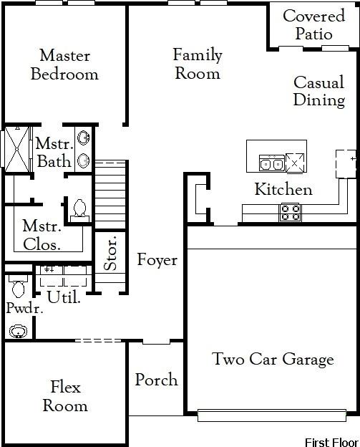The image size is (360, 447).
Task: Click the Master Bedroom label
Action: [x=64, y=64]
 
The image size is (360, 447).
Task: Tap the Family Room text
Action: [x=198, y=64]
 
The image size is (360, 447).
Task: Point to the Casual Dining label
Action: [x=319, y=91]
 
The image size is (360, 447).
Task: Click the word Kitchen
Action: [x=283, y=190]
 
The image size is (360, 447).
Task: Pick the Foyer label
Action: [x=157, y=260]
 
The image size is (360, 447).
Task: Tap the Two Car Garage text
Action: [x=273, y=359]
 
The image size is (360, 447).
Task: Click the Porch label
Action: [x=156, y=380]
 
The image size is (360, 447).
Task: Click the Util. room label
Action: [x=63, y=296]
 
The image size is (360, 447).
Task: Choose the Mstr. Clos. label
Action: [x=41, y=234]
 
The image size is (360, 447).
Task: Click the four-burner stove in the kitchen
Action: [x=290, y=212]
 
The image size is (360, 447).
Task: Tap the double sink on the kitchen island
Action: [x=271, y=164]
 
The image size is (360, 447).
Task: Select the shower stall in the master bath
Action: [x=14, y=150]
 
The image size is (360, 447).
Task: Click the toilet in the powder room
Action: [x=18, y=288]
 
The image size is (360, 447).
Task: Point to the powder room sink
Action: [x=17, y=331]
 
